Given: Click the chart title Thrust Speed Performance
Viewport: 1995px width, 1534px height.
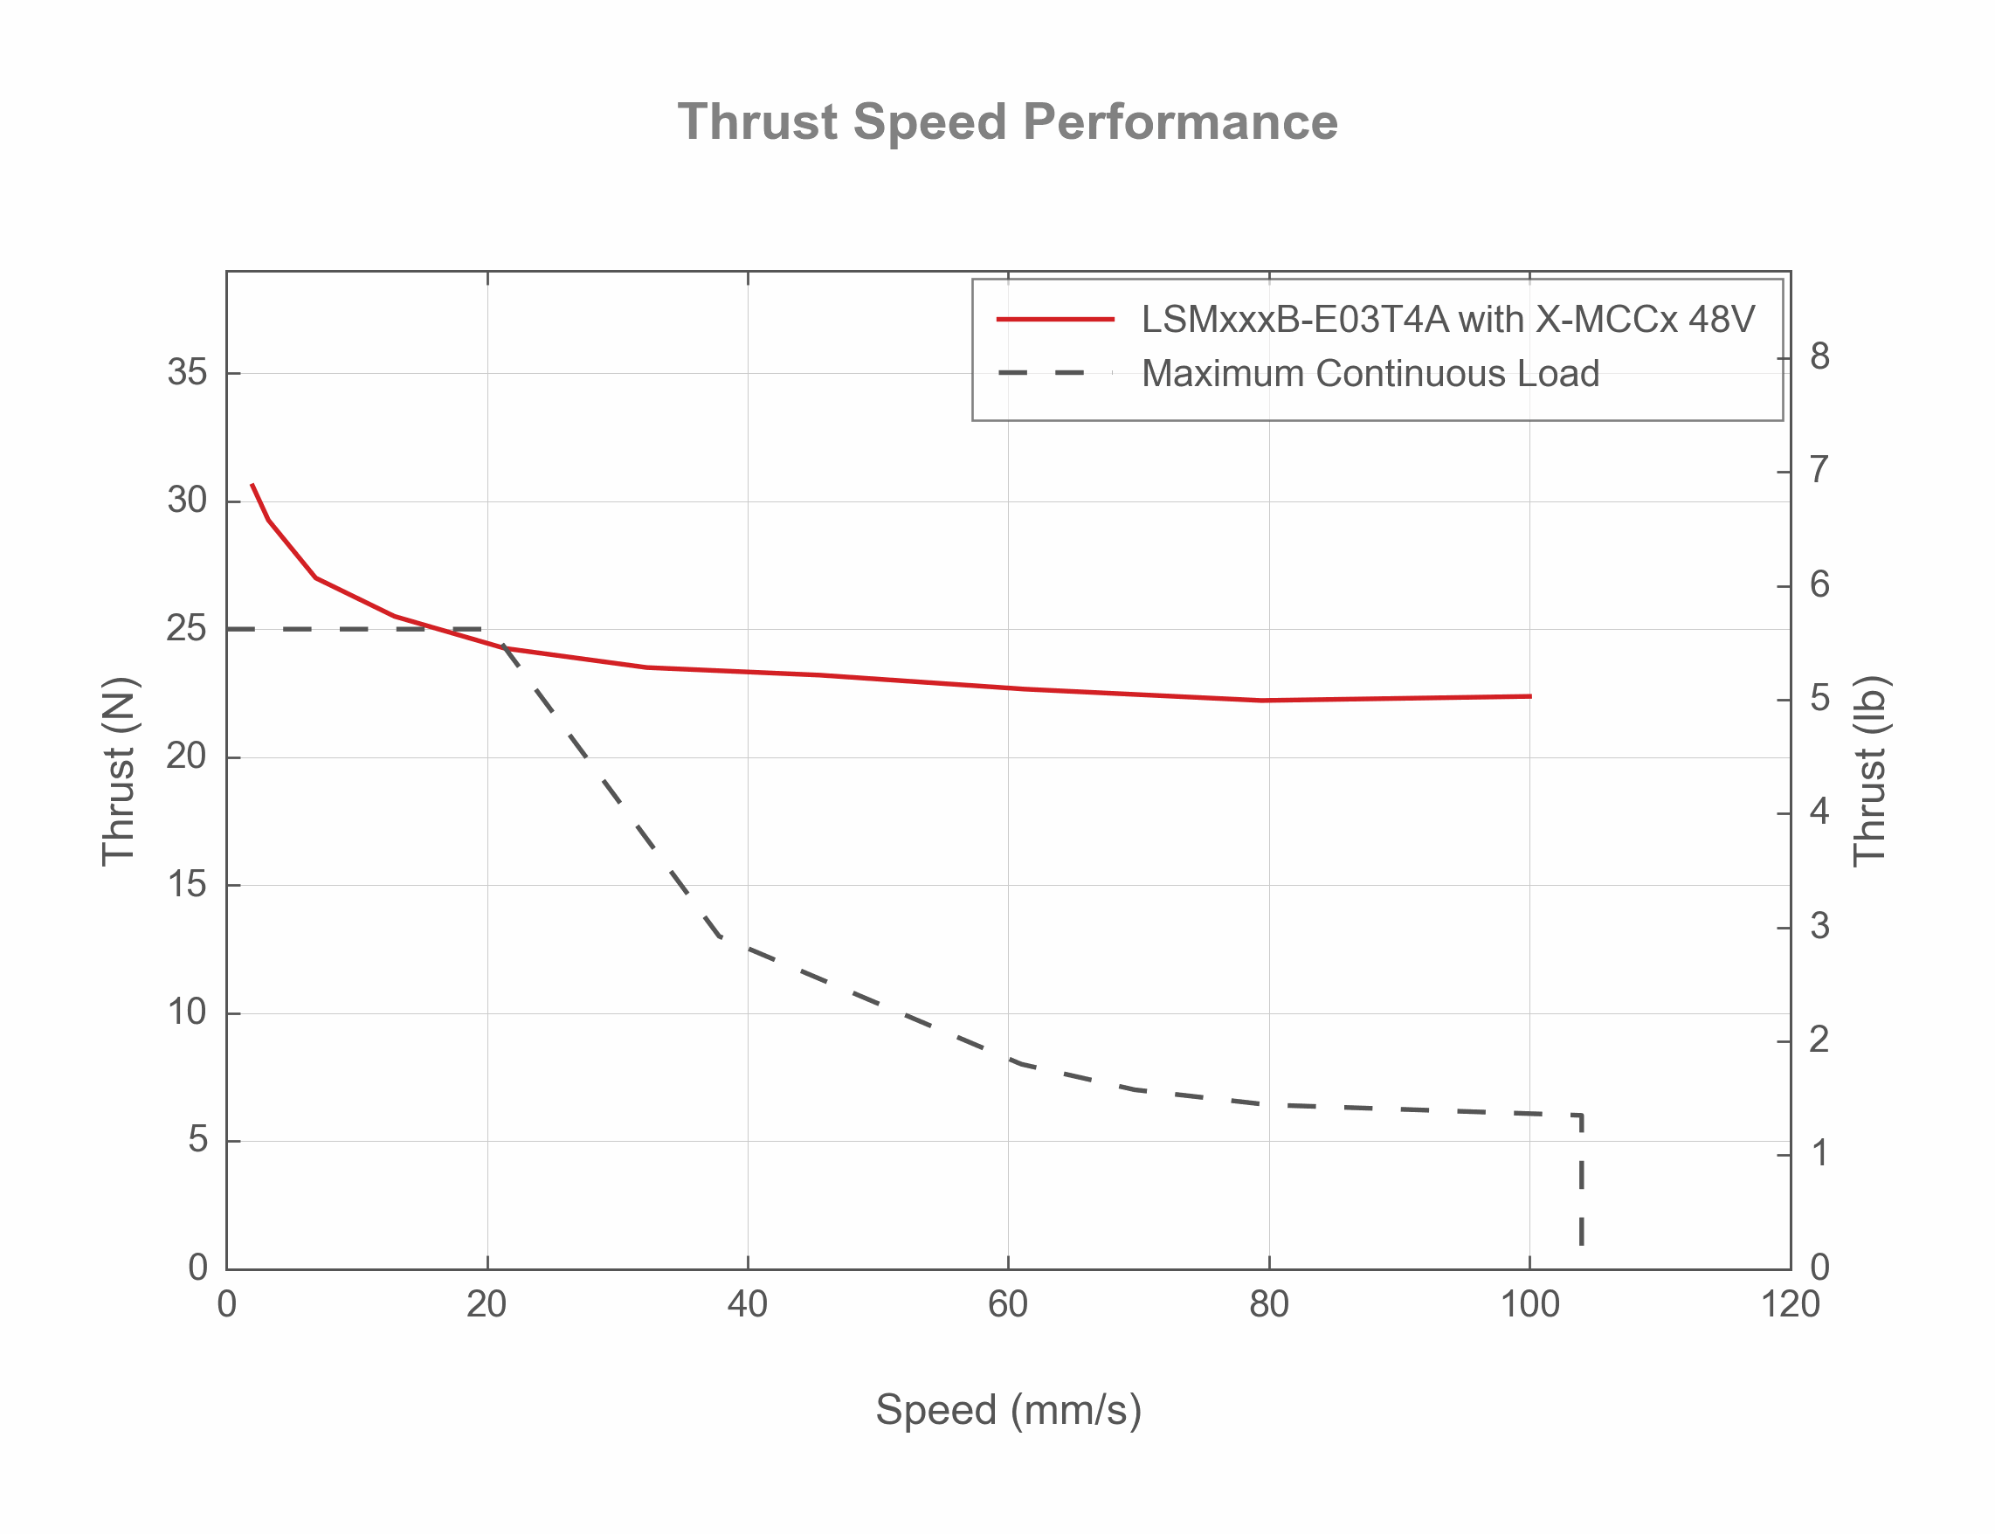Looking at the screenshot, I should click(x=1007, y=122).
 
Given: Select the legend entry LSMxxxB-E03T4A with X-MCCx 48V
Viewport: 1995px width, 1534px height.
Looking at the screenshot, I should click(x=1447, y=320).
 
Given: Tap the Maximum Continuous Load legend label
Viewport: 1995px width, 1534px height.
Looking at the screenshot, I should click(x=1370, y=374).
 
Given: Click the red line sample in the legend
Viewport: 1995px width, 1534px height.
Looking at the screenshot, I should click(x=1054, y=320).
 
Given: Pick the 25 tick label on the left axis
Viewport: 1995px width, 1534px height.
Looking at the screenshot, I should click(x=187, y=628).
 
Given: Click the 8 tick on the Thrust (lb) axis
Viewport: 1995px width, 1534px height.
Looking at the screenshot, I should click(x=1819, y=357).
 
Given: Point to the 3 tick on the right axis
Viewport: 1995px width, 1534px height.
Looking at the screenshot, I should click(x=1819, y=927).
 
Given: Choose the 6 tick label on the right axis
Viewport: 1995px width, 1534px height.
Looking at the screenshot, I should click(x=1819, y=584).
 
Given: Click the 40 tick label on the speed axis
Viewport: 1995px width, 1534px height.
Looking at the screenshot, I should click(x=747, y=1305).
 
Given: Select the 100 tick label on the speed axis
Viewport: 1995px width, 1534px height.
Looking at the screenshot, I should click(x=1529, y=1305).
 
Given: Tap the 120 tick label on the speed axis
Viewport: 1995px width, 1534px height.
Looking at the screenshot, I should click(x=1790, y=1305).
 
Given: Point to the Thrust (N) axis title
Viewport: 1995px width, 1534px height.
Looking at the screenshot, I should click(x=119, y=770).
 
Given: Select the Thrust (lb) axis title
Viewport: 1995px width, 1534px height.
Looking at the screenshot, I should click(x=1870, y=770).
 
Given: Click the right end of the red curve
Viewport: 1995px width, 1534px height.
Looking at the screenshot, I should click(x=1529, y=697).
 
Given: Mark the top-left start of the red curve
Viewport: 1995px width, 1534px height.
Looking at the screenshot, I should click(x=252, y=485).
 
